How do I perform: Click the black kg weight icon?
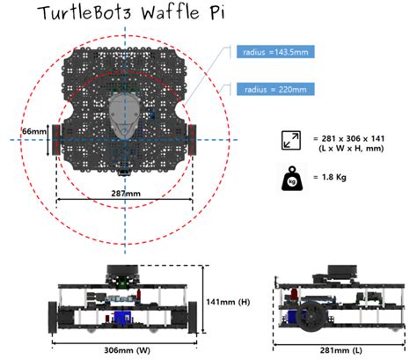pos(290,179)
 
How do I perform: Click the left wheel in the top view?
pos(55,138)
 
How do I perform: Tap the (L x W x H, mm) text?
pos(349,150)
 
